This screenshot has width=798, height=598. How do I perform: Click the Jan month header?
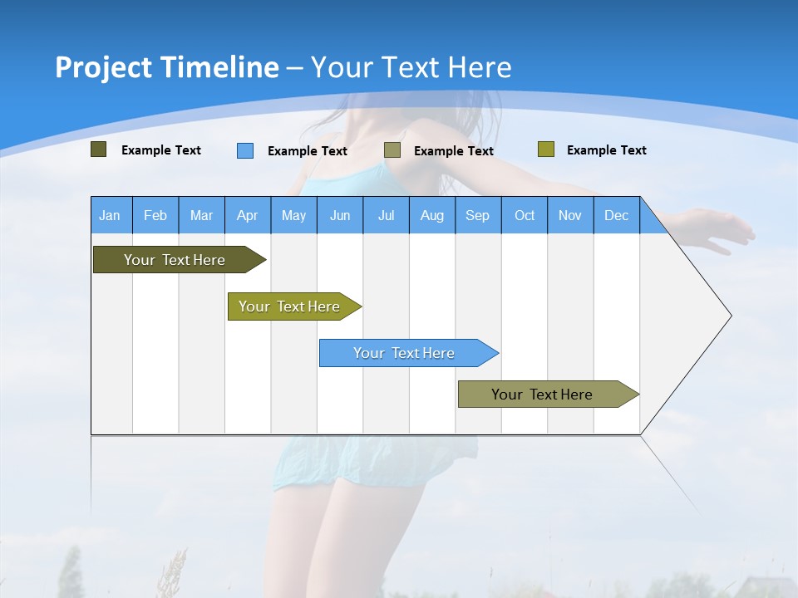pos(110,215)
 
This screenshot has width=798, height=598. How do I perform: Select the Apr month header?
pos(247,215)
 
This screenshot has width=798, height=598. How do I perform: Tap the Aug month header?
pos(431,215)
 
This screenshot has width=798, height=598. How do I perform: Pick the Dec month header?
pos(616,215)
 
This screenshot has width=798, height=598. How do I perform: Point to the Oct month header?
pos(525,215)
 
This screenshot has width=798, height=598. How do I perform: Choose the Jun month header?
pos(339,215)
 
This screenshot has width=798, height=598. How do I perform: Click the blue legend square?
pos(244,150)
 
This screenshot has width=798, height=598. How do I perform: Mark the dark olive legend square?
pos(98,149)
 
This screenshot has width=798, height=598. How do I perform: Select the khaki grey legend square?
pos(392,150)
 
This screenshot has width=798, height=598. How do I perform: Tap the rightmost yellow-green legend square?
pos(545,149)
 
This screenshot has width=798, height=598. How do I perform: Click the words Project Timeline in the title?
pos(166,67)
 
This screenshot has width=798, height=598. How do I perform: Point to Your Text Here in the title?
pos(411,67)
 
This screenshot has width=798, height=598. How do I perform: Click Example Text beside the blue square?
pos(307,151)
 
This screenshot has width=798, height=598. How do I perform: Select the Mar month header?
pos(201,215)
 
